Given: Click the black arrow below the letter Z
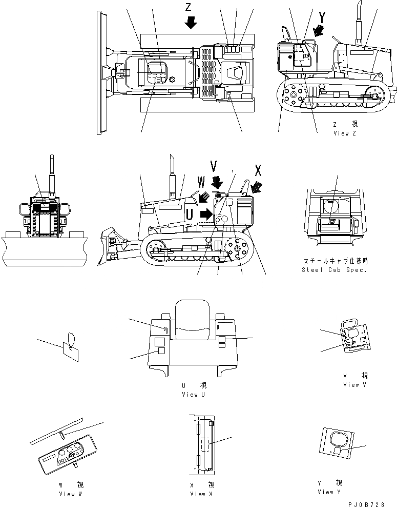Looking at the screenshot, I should click(191, 22).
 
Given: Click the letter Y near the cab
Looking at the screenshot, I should click(322, 17).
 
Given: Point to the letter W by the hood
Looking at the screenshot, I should click(201, 183).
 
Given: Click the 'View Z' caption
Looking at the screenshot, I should click(348, 133).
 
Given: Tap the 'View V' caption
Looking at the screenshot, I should click(354, 384).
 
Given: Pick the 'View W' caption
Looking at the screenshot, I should click(70, 494).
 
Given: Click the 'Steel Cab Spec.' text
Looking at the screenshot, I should click(335, 270).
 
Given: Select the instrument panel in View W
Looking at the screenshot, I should click(66, 453).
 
